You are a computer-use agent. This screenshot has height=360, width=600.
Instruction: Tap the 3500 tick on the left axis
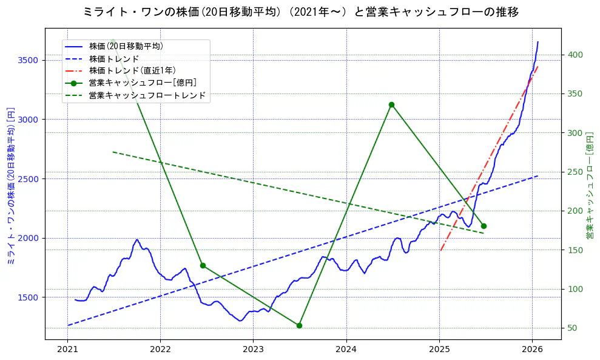(28, 60)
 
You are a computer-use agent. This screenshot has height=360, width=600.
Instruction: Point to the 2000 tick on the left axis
(28, 238)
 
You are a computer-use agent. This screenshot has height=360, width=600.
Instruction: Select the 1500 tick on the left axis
(28, 297)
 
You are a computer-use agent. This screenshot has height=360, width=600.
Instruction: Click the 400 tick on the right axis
(575, 55)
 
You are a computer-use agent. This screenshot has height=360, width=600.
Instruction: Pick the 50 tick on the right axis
(573, 328)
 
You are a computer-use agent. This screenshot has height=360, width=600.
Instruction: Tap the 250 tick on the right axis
(575, 172)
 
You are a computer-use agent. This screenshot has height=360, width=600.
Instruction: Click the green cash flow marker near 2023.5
(299, 325)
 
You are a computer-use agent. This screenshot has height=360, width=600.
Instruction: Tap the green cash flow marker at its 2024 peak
(391, 104)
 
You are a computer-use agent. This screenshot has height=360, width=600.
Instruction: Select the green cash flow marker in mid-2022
(203, 265)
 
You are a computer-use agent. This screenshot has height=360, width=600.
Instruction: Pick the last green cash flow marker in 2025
(484, 226)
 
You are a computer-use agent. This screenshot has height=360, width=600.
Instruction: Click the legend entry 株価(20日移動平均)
(126, 46)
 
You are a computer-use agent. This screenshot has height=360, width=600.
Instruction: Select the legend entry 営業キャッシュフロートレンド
(147, 95)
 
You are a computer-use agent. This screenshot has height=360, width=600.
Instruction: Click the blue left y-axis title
(10, 186)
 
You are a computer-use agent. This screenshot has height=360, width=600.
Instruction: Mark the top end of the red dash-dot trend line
(538, 66)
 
